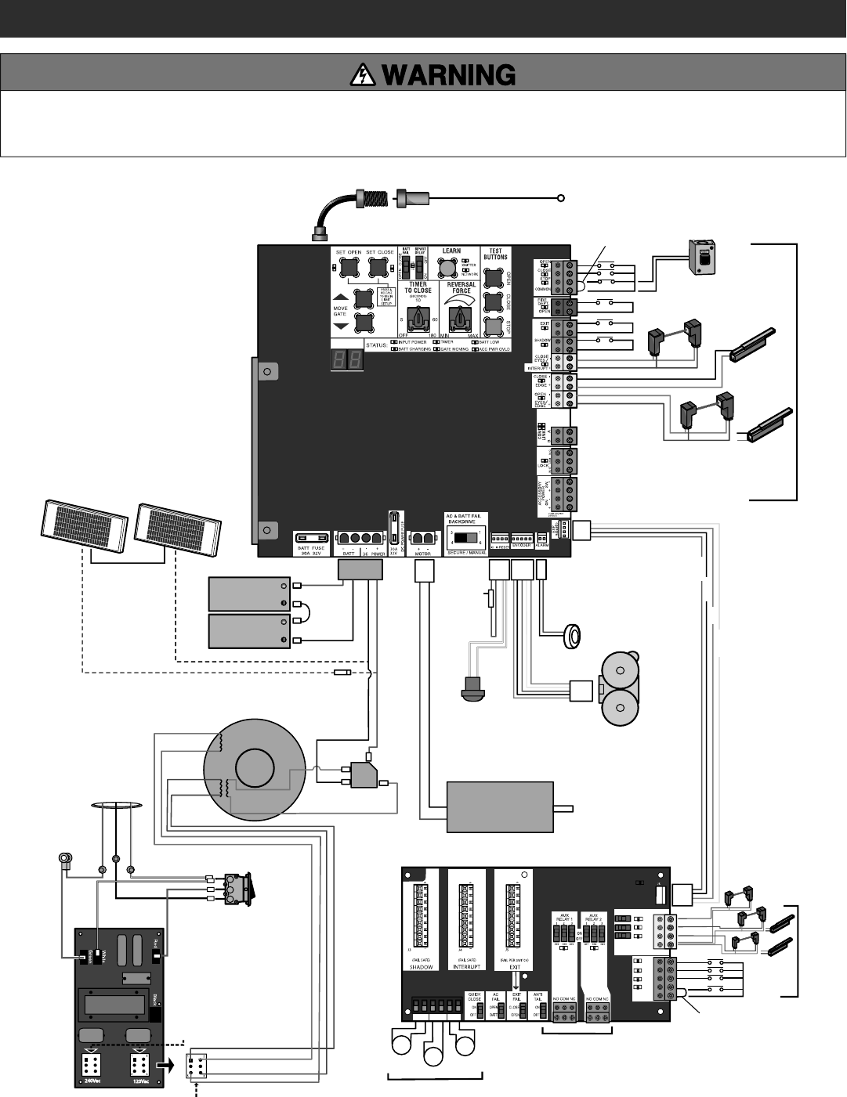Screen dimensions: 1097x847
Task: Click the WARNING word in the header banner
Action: point(448,75)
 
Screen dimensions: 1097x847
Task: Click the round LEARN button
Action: point(447,269)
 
